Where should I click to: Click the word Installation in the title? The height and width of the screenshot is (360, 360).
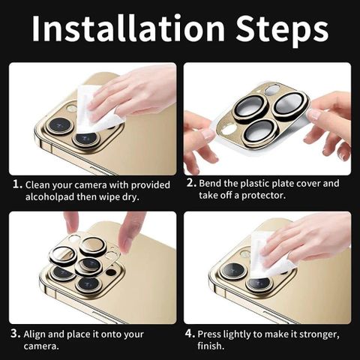pyautogui.click(x=128, y=28)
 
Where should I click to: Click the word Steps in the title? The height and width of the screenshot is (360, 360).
pyautogui.click(x=282, y=31)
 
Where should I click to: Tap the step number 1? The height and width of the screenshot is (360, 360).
pyautogui.click(x=17, y=184)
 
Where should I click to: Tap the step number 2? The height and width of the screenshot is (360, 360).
pyautogui.click(x=191, y=183)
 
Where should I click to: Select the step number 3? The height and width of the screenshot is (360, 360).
pyautogui.click(x=16, y=334)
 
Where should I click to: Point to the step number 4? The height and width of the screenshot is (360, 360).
pyautogui.click(x=190, y=333)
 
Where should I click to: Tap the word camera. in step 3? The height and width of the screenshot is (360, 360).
pyautogui.click(x=41, y=346)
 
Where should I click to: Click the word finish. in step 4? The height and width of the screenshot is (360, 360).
pyautogui.click(x=211, y=346)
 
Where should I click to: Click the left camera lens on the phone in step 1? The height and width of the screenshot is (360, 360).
pyautogui.click(x=60, y=125)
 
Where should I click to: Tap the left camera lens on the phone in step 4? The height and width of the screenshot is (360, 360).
pyautogui.click(x=233, y=271)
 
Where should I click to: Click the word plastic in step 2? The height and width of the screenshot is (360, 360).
pyautogui.click(x=255, y=184)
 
